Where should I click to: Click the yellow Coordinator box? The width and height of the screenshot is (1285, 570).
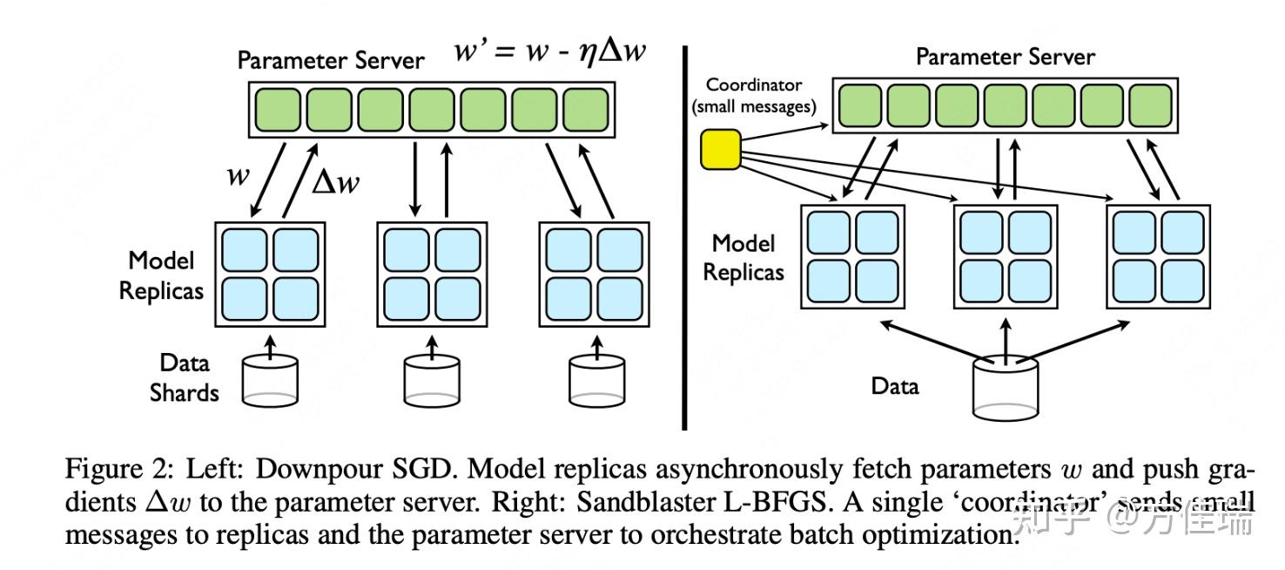[720, 148]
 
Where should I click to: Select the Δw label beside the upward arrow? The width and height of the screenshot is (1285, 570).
[335, 182]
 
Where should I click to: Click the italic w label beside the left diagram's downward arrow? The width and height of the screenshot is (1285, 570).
[238, 175]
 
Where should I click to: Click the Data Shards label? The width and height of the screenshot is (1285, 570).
[184, 377]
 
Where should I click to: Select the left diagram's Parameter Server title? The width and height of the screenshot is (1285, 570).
[331, 60]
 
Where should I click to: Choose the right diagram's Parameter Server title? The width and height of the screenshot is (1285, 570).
[1006, 58]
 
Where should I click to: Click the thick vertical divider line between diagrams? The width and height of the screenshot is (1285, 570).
[684, 235]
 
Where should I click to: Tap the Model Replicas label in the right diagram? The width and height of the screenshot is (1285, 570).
[743, 257]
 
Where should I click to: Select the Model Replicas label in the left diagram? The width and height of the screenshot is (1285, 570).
[161, 275]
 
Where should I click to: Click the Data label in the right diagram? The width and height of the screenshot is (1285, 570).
[895, 384]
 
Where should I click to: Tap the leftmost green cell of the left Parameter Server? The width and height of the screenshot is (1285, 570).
[276, 109]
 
